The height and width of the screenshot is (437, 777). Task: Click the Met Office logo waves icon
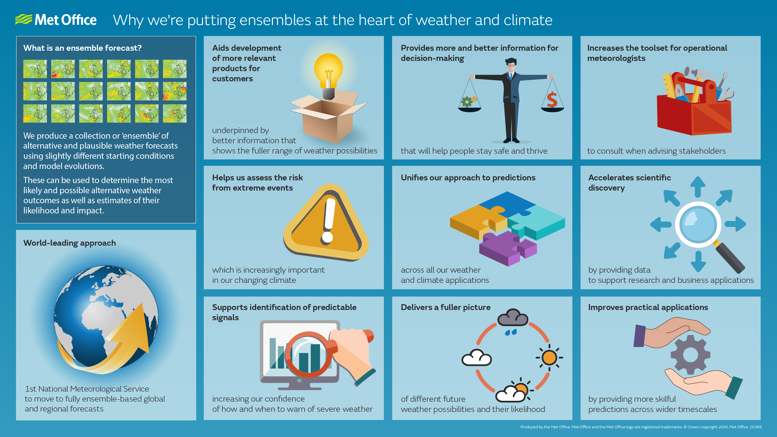tap(24, 20)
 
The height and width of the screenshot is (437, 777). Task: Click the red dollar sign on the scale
tap(552, 100)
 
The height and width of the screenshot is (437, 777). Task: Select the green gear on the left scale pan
tap(467, 102)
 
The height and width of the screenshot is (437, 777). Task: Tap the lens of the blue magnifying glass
tap(698, 225)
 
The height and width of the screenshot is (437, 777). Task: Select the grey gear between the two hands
tap(690, 355)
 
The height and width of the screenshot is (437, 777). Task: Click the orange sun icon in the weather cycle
tap(549, 358)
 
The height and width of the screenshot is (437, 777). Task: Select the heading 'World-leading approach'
tap(69, 243)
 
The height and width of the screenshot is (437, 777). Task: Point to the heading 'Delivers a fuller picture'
tap(446, 307)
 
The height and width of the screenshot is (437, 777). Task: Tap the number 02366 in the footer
tap(756, 427)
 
